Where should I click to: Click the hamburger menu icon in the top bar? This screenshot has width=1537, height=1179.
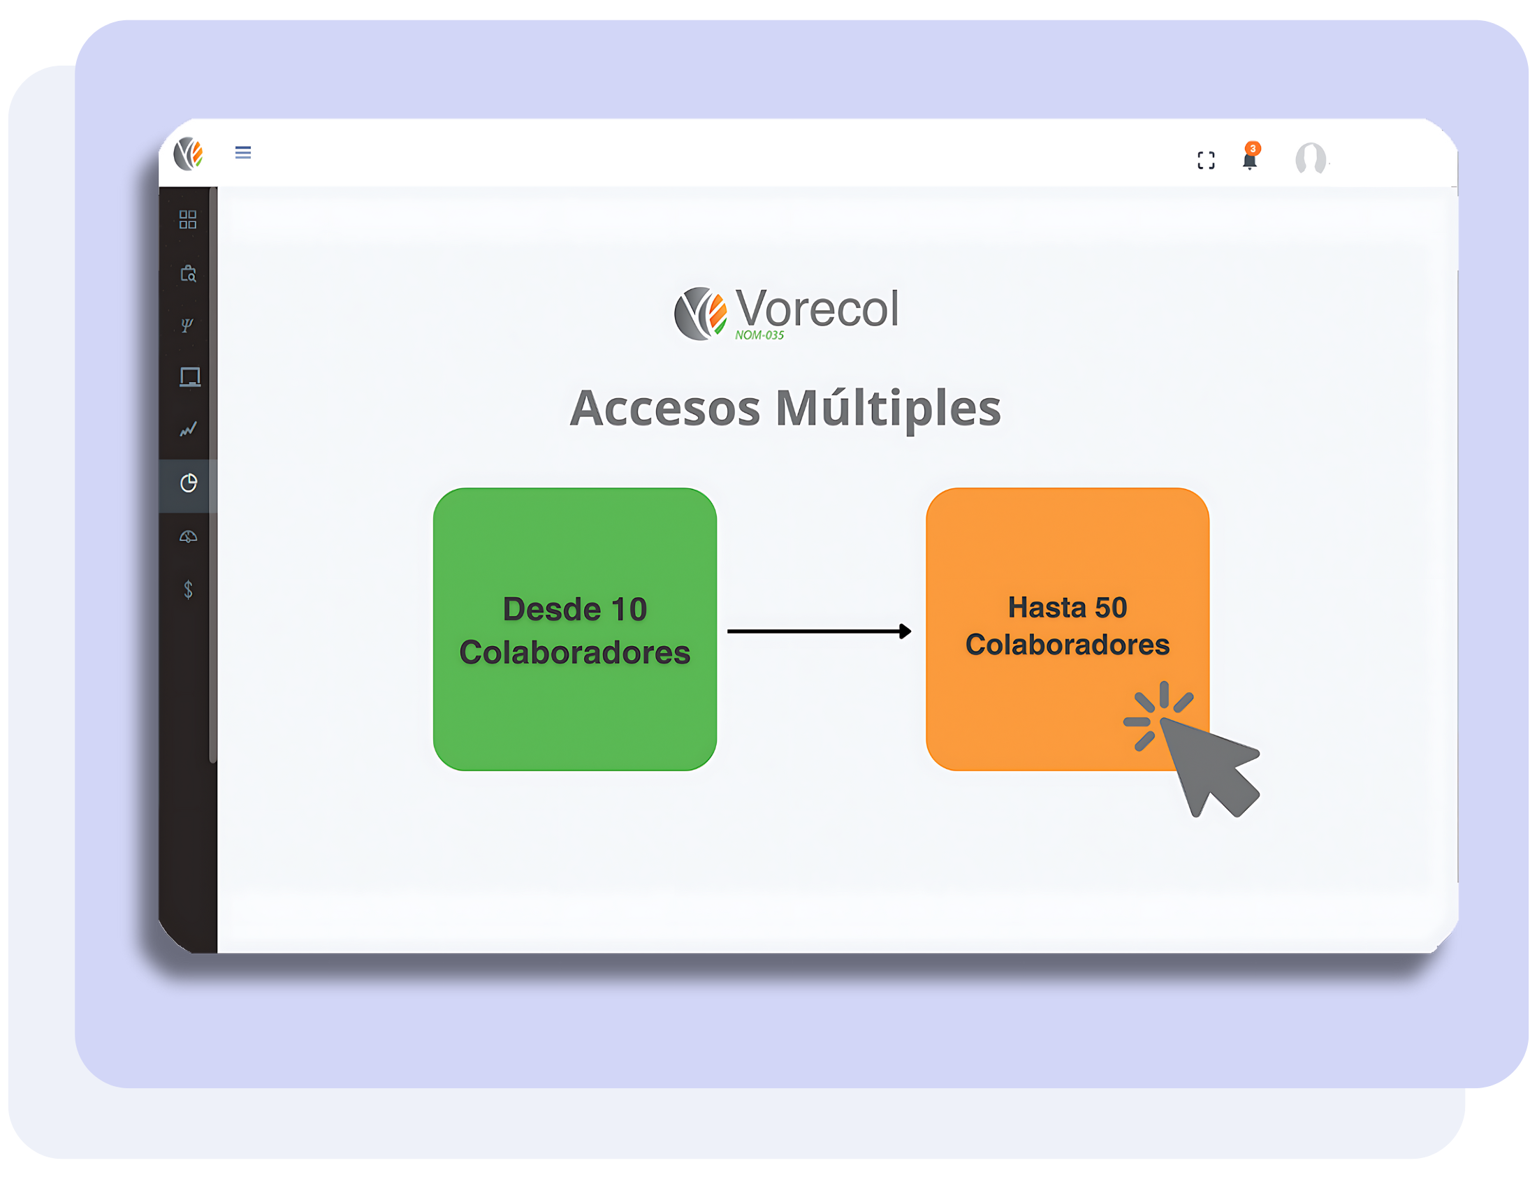[x=243, y=152]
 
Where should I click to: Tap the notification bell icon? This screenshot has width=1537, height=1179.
[x=1249, y=161]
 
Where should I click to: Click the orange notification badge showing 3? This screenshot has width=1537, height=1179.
[x=1253, y=148]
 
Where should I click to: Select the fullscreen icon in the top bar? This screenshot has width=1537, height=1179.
[x=1206, y=161]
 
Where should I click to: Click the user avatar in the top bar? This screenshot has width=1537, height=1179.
[x=1311, y=158]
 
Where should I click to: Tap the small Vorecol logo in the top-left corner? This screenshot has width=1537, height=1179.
[x=189, y=154]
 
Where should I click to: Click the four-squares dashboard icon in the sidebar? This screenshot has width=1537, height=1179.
[x=187, y=219]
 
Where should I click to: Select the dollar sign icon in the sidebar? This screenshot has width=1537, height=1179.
[x=188, y=589]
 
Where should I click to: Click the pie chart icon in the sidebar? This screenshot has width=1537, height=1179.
[x=188, y=483]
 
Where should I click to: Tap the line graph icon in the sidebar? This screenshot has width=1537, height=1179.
[x=188, y=429]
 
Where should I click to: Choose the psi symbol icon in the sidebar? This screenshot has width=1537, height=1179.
[x=187, y=325]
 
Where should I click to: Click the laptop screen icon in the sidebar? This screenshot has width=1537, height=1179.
[x=189, y=377]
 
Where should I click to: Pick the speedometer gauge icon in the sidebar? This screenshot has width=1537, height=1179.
[x=188, y=537]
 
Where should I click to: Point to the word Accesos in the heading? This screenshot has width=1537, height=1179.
[x=664, y=409]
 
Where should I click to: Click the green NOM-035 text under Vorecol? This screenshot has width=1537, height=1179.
[x=759, y=335]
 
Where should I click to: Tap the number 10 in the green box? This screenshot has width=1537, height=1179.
[x=629, y=609]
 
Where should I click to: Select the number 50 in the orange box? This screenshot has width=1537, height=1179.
[x=1110, y=608]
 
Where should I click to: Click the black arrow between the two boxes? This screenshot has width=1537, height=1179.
[x=819, y=631]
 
